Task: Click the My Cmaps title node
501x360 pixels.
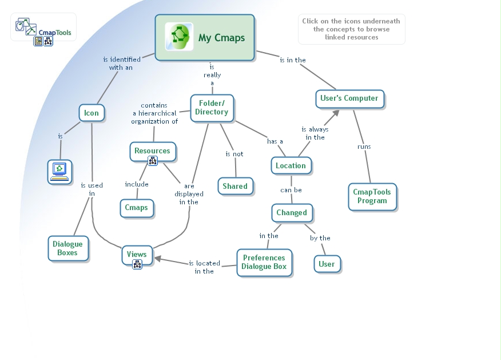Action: [x=205, y=38]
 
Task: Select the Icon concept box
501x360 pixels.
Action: [x=92, y=113]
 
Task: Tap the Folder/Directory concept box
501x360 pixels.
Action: [x=212, y=108]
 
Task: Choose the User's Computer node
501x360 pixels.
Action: [x=349, y=98]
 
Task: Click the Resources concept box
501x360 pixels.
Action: [x=152, y=151]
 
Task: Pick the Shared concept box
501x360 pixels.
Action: [x=235, y=186]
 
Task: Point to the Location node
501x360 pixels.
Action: [x=291, y=165]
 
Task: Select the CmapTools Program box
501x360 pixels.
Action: [x=372, y=196]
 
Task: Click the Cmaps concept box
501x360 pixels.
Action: [x=137, y=208]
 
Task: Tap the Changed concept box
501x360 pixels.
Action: [x=292, y=212]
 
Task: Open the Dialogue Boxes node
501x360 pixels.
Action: [x=68, y=248]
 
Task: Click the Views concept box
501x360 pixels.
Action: [x=137, y=254]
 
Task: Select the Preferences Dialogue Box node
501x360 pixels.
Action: [x=264, y=262]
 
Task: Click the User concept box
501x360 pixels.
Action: [x=327, y=264]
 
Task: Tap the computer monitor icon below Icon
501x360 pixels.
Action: [x=59, y=171]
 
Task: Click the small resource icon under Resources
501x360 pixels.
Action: [x=153, y=161]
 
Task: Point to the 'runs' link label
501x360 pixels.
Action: [x=364, y=147]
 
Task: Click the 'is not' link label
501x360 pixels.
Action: [x=234, y=154]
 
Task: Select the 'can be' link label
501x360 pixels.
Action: [x=291, y=190]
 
